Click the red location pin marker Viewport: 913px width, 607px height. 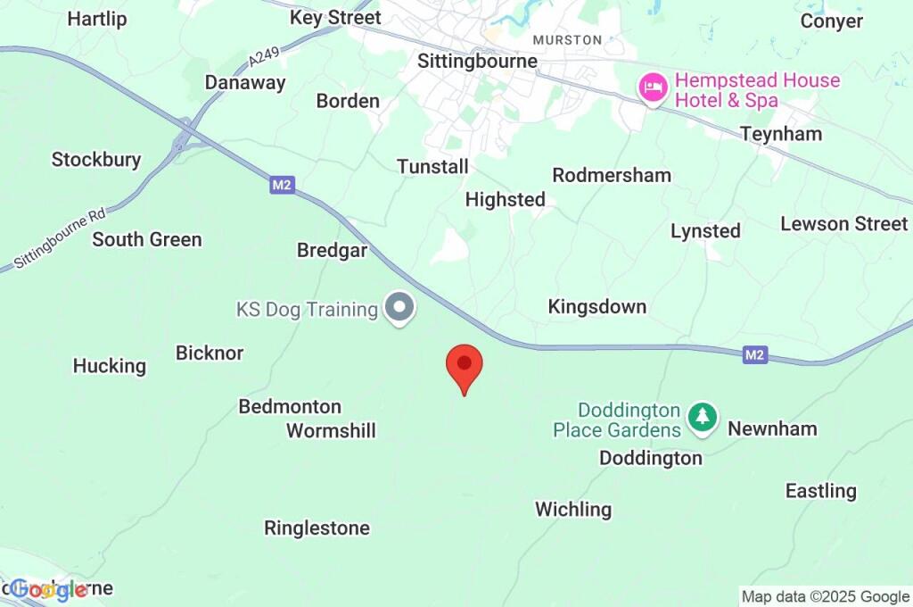point(464,366)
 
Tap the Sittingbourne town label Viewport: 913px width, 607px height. point(478,61)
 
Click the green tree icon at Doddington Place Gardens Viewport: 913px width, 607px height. point(703,416)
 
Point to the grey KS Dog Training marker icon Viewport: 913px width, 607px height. point(399,309)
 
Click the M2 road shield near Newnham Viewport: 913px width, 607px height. point(755,355)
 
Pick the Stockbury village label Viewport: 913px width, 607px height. point(96,160)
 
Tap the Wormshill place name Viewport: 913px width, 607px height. point(331,431)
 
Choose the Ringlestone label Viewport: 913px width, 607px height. point(317,528)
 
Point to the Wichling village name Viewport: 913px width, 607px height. point(573,510)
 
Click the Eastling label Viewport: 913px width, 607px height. point(820,491)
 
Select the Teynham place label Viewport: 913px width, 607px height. point(781,134)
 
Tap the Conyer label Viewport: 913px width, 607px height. point(832,21)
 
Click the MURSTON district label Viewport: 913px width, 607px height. point(567,40)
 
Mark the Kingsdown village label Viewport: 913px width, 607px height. point(596,307)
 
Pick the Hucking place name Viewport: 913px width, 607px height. point(109,366)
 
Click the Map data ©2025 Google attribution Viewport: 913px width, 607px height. point(826,596)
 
